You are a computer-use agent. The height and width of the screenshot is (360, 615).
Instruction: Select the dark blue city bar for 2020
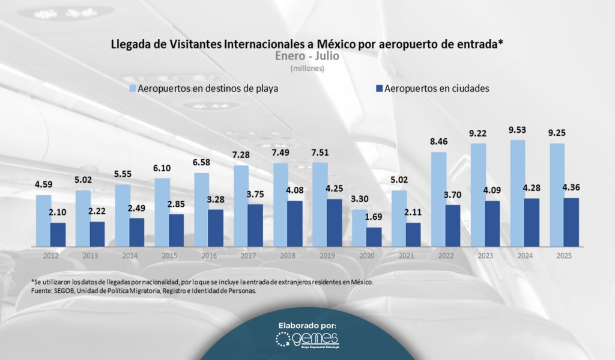(374, 237)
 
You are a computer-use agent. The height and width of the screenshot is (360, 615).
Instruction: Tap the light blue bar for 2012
(43, 220)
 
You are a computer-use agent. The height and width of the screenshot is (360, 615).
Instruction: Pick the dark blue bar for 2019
(334, 222)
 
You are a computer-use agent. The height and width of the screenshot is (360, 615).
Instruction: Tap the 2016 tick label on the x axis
(209, 255)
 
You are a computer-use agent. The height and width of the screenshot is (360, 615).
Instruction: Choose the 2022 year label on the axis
(446, 255)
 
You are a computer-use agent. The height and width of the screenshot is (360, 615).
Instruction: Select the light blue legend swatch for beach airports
(133, 88)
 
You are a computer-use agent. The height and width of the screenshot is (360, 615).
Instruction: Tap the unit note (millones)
(307, 69)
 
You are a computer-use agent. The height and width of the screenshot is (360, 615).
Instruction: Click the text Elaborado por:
(307, 325)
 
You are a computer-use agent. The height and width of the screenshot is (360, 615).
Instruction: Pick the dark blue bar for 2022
(453, 225)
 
